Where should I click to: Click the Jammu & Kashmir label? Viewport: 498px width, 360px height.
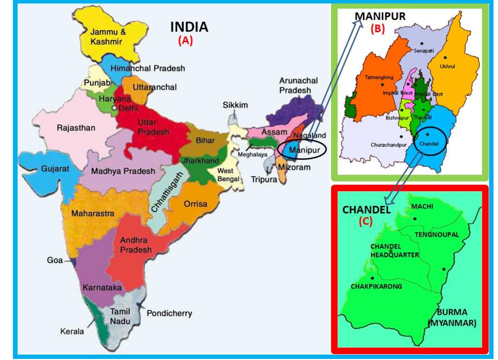(x=106, y=37)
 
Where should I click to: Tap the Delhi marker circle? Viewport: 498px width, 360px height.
(x=114, y=108)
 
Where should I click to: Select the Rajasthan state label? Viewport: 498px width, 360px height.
(x=76, y=128)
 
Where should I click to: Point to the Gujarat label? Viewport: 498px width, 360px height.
(x=55, y=169)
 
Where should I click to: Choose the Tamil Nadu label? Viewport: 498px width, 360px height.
(x=120, y=316)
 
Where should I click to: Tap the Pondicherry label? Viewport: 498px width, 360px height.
(x=169, y=313)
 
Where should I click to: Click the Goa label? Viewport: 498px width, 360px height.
(x=55, y=260)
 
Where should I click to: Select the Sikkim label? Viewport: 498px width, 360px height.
(x=235, y=105)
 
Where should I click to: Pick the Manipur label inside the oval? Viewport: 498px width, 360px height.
(x=304, y=150)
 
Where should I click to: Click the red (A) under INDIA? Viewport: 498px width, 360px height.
(x=185, y=41)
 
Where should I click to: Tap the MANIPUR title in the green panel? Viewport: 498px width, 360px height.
(x=380, y=16)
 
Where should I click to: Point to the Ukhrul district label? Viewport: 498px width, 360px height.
(x=447, y=66)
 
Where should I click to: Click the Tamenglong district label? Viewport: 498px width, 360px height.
(x=379, y=77)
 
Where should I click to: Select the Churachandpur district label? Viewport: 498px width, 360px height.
(x=389, y=145)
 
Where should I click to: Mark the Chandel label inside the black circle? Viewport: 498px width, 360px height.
(x=429, y=144)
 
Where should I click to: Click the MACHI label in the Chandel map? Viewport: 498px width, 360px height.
(x=422, y=206)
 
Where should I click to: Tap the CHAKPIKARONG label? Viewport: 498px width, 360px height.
(x=376, y=286)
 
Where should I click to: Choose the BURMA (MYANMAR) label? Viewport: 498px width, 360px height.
(x=452, y=317)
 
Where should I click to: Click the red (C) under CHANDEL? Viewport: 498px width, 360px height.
(x=366, y=221)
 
